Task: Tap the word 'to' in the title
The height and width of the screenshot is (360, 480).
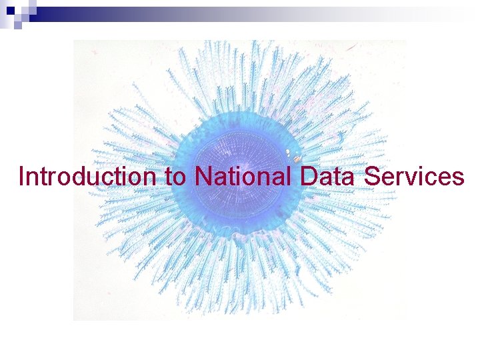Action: coord(173,177)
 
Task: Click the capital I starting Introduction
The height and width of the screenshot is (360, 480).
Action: coord(22,177)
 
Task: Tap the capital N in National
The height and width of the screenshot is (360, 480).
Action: coord(202,177)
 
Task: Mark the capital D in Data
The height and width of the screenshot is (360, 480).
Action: coord(308,177)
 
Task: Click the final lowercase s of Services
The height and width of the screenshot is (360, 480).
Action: coord(458,179)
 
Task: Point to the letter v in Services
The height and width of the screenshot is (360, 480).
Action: coord(410,179)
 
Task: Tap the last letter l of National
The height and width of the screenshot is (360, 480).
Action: coord(290,177)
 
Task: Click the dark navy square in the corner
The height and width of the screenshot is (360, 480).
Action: coord(10,11)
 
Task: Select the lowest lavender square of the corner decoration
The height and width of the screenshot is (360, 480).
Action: coord(18,27)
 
